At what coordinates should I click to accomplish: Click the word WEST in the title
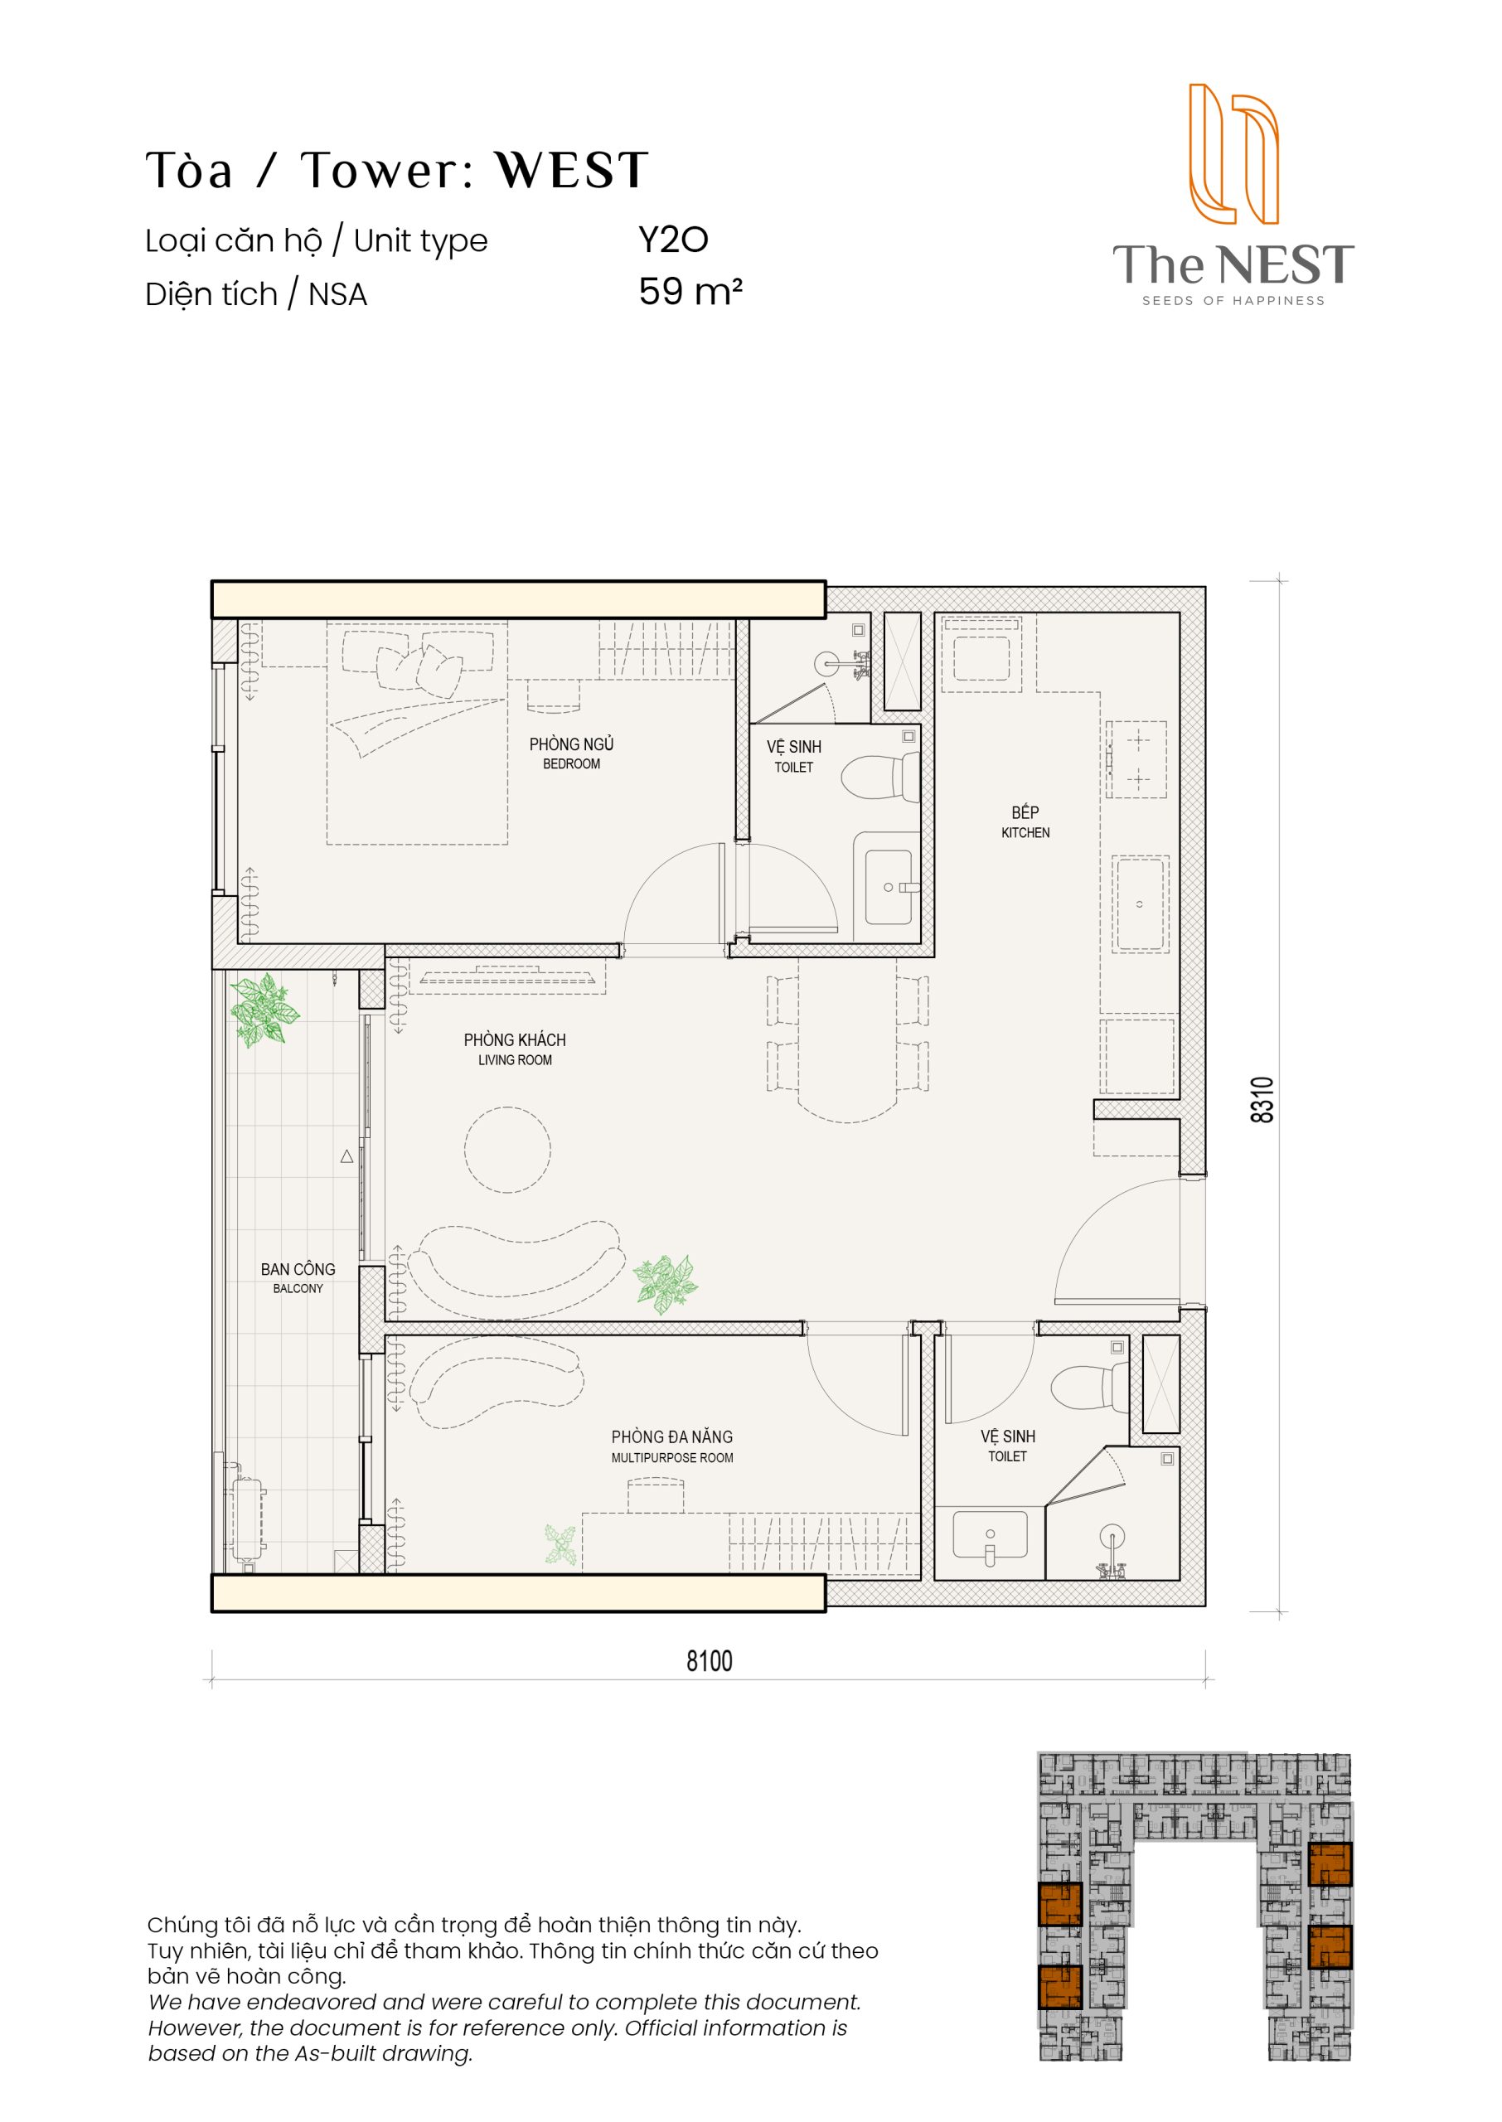coord(572,170)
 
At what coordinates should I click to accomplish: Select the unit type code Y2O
coord(673,240)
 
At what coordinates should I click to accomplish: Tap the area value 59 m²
coord(690,291)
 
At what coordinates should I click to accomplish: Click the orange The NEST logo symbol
coord(1233,153)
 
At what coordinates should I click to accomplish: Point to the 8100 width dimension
coord(710,1661)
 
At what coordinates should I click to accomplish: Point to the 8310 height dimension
coord(1262,1099)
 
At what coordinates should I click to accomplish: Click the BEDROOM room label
coord(572,763)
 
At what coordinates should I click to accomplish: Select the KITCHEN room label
coord(1025,832)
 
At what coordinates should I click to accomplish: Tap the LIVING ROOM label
coord(515,1059)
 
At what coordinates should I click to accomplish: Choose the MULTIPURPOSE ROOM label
coord(672,1457)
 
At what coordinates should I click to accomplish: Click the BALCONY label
coord(298,1288)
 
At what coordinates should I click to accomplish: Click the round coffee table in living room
coord(508,1150)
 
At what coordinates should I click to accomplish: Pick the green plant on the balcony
coord(264,1010)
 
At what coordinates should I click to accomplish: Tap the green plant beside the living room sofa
coord(665,1283)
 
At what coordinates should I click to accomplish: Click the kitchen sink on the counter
coord(1141,904)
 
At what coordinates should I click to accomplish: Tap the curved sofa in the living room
coord(514,1267)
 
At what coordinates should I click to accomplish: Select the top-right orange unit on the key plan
coord(1330,1864)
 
